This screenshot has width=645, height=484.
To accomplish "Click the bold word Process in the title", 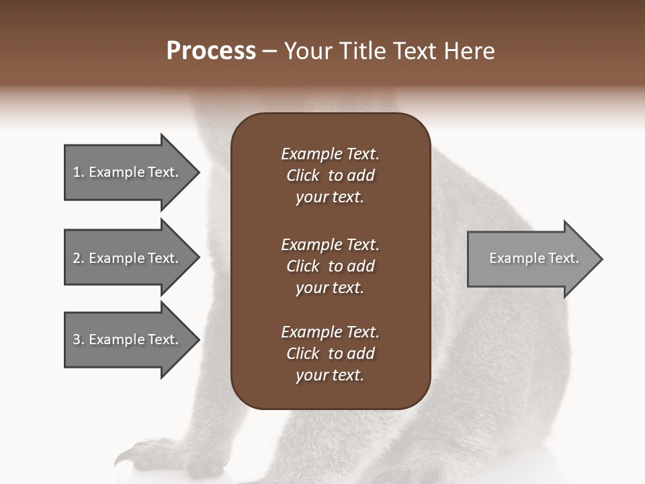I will [211, 51].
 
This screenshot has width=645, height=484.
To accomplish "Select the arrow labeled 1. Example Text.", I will [126, 172].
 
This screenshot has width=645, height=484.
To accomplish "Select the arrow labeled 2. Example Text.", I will [126, 258].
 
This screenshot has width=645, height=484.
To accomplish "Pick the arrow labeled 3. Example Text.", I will [126, 339].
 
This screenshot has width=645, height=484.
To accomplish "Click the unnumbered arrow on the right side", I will [531, 258].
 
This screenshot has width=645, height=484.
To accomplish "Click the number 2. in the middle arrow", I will [78, 258].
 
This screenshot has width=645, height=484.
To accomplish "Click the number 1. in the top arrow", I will [78, 172].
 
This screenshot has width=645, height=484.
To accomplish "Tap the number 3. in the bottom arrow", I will [78, 339].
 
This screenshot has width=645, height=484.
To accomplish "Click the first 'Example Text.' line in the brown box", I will [330, 154].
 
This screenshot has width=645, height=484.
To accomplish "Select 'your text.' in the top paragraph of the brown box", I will [330, 198].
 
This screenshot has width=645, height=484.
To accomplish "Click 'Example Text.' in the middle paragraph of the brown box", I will [330, 245].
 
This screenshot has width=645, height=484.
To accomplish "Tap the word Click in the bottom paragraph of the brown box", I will [302, 354].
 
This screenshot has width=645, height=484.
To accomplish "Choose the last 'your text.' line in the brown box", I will [330, 376].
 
